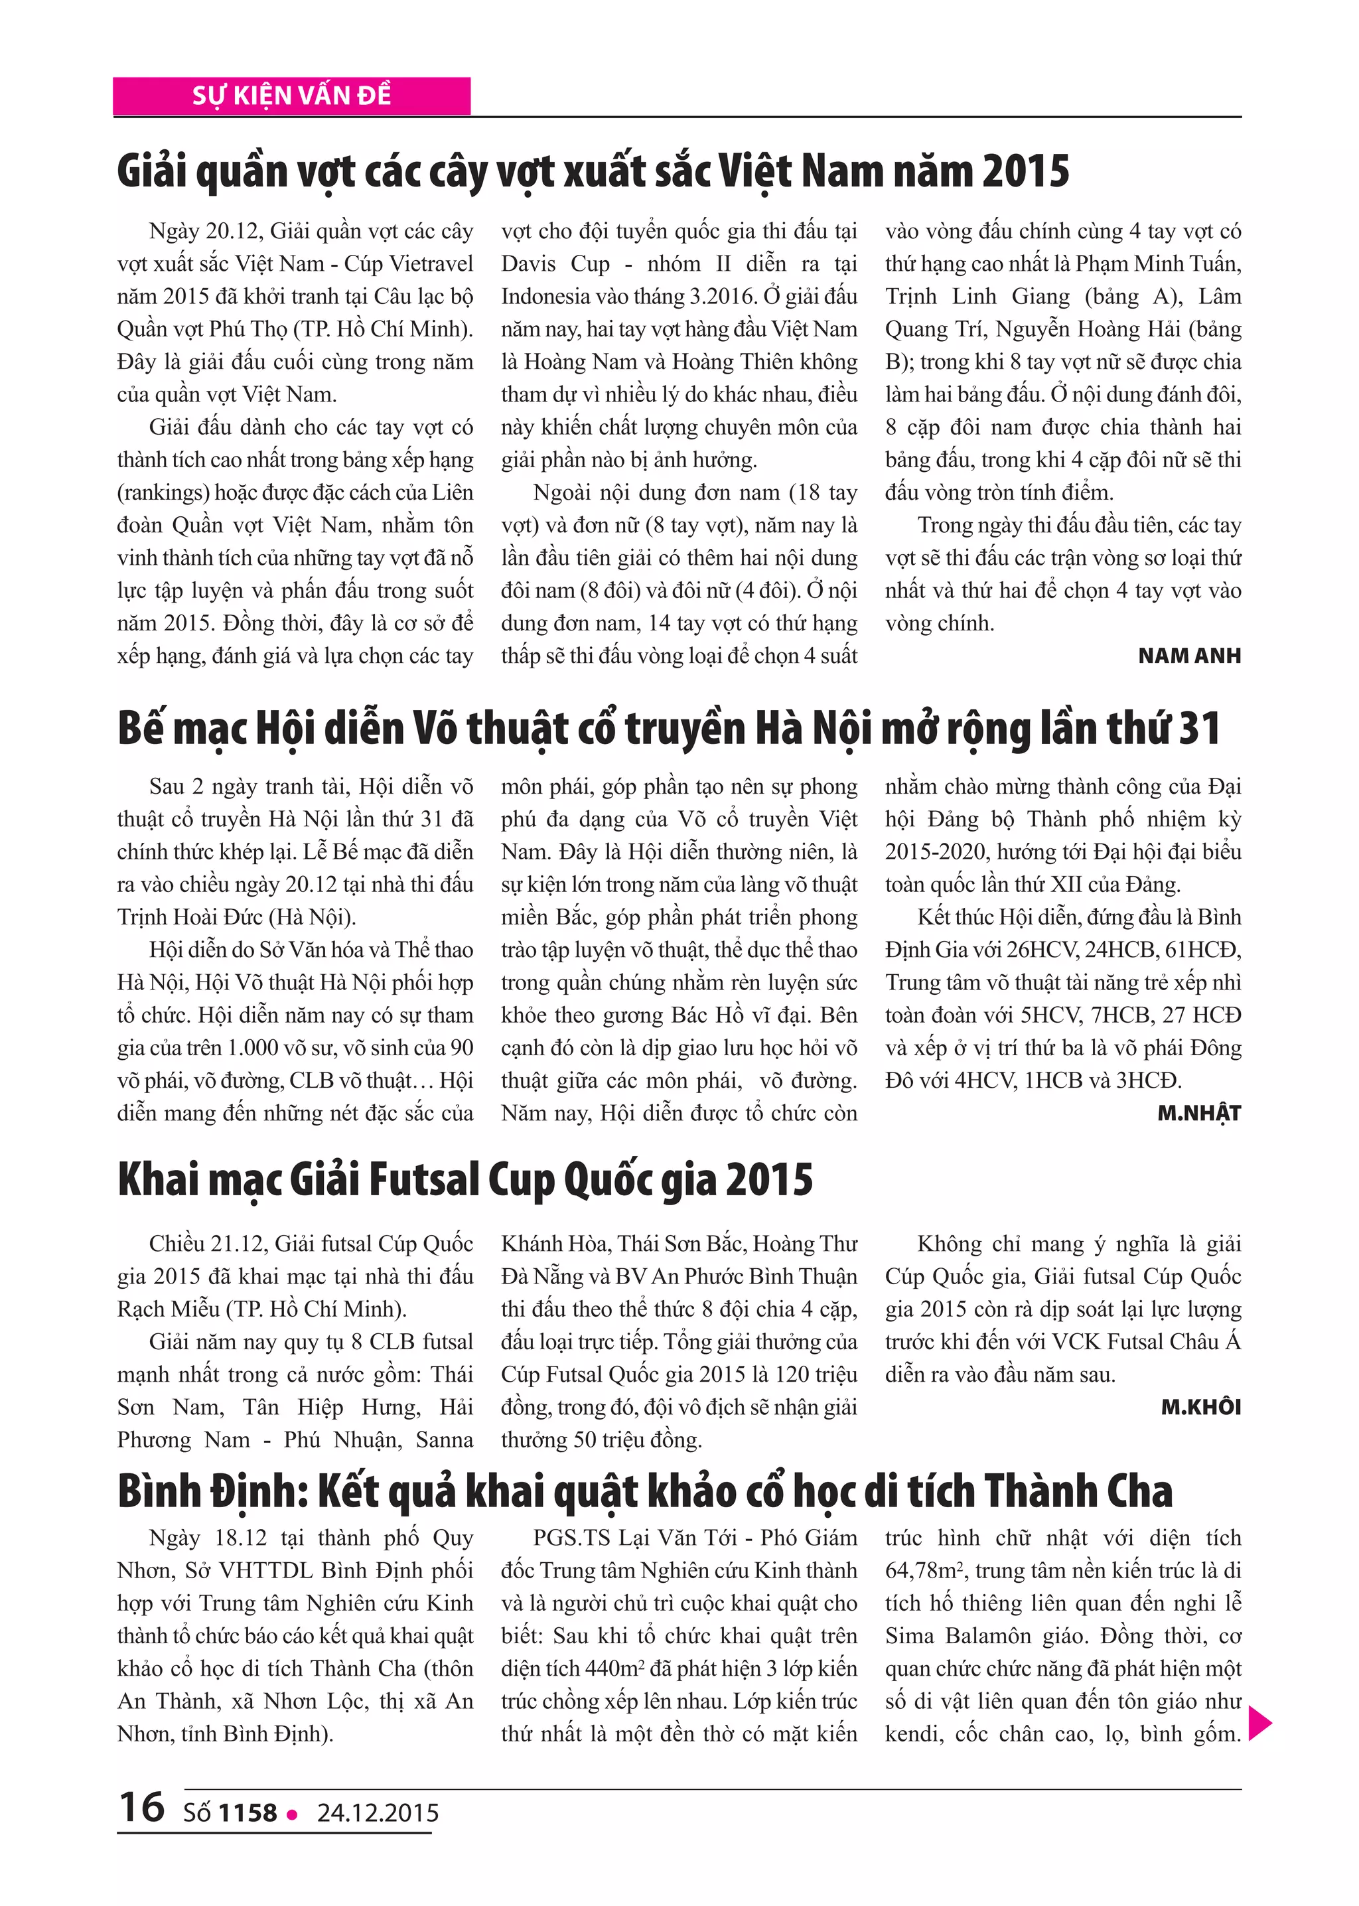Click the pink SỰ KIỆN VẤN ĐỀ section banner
click(x=291, y=96)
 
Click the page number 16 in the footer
click(x=141, y=1806)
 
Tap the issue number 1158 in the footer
click(x=247, y=1812)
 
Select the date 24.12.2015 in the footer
click(x=378, y=1812)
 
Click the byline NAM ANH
click(x=1189, y=656)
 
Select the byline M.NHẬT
click(x=1199, y=1113)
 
